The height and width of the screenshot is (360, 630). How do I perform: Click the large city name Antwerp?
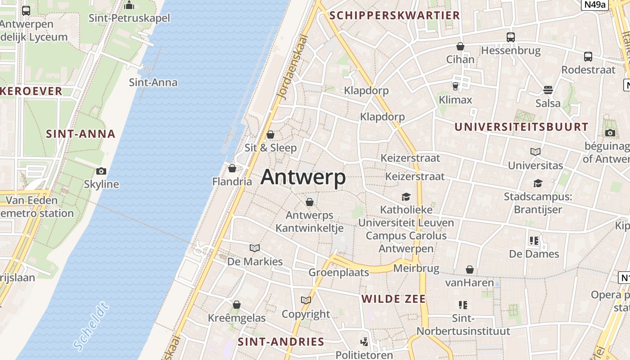pyautogui.click(x=303, y=177)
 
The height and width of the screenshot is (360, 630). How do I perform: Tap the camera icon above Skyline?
pyautogui.click(x=101, y=171)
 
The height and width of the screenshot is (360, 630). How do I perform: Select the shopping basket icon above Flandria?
pyautogui.click(x=232, y=168)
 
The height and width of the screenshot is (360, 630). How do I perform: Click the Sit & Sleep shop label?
pyautogui.click(x=270, y=148)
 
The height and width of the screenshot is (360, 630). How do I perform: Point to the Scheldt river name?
pyautogui.click(x=91, y=326)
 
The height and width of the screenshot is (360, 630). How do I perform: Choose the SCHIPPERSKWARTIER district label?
pyautogui.click(x=394, y=16)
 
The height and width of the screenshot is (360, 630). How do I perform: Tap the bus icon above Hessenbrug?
pyautogui.click(x=510, y=37)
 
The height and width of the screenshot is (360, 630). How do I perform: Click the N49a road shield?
pyautogui.click(x=594, y=5)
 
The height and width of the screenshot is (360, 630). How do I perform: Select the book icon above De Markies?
pyautogui.click(x=255, y=248)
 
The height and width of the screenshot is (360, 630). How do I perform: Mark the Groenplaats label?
pyautogui.click(x=338, y=272)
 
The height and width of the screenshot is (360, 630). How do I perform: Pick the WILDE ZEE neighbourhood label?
pyautogui.click(x=393, y=299)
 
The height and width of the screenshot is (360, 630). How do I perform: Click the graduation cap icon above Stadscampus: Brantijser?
pyautogui.click(x=538, y=183)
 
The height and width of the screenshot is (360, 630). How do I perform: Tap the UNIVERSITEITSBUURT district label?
pyautogui.click(x=521, y=127)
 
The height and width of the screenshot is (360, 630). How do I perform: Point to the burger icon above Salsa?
pyautogui.click(x=548, y=90)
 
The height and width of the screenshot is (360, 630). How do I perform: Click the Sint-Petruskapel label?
pyautogui.click(x=129, y=18)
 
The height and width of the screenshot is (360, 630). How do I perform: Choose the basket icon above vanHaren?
pyautogui.click(x=470, y=270)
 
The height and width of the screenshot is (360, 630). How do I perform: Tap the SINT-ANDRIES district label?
pyautogui.click(x=281, y=342)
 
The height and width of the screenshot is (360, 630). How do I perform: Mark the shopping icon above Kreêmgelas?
pyautogui.click(x=237, y=305)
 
